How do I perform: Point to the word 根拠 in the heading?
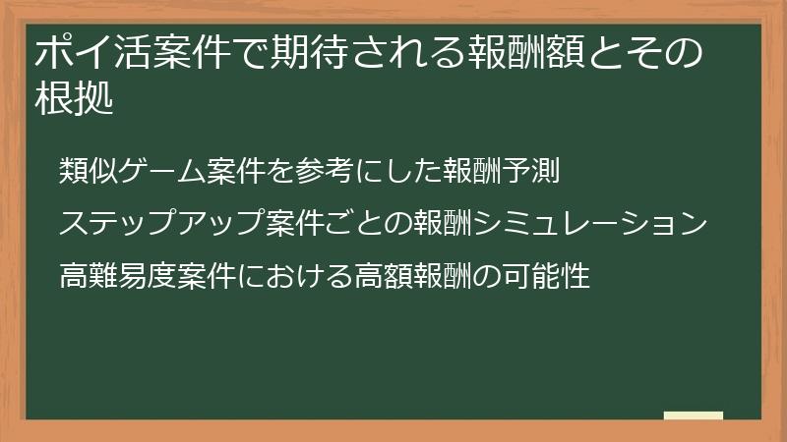coord(74,99)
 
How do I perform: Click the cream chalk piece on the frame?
coord(694,415)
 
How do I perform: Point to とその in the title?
coord(654,53)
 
